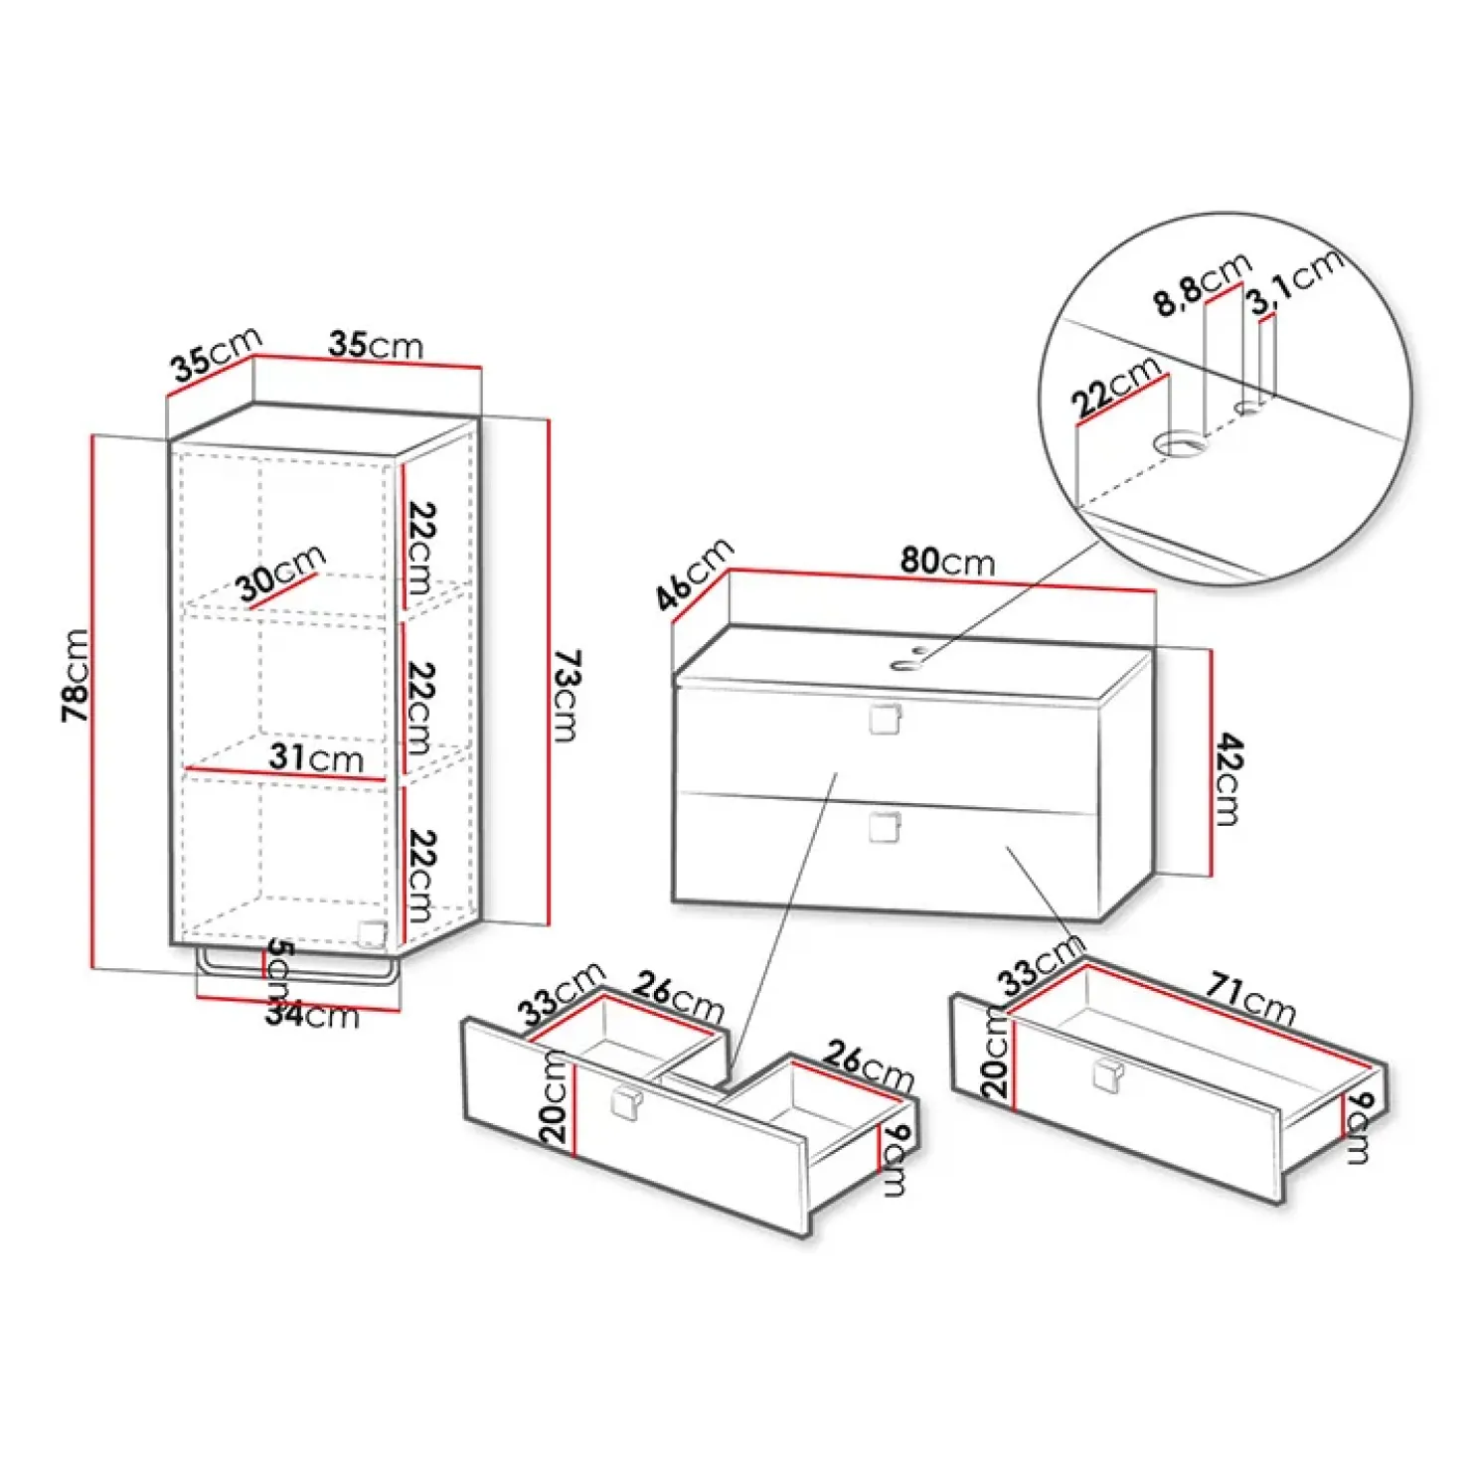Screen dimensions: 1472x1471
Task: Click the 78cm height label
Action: (76, 675)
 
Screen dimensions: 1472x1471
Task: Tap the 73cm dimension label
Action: (566, 696)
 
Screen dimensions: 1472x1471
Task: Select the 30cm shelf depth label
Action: (281, 573)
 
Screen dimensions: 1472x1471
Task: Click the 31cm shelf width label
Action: (316, 758)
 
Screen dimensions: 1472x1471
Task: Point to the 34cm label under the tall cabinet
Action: (312, 1015)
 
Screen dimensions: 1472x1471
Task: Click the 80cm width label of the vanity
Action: (947, 562)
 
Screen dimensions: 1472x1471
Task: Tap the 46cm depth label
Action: (694, 573)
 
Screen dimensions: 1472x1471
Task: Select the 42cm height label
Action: (1229, 779)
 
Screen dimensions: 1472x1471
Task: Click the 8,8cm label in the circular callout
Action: (1202, 285)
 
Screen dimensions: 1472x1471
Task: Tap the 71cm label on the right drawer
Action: (1251, 999)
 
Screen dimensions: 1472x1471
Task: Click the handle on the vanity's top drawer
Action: (884, 719)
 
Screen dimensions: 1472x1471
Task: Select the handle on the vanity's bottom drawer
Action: (884, 827)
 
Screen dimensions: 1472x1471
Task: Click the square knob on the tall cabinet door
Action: (372, 933)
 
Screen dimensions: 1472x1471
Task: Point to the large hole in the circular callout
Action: (1181, 443)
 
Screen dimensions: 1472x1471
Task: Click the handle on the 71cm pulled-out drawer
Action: (1107, 1075)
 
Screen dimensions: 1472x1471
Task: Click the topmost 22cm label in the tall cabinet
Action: (421, 548)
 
